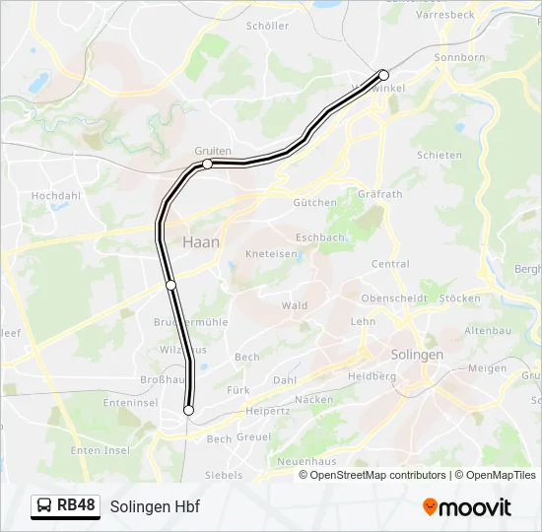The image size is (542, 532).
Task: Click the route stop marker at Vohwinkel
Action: tap(383, 75)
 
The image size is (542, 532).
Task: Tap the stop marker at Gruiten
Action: tap(208, 164)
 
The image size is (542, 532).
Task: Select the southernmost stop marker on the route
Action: tap(188, 410)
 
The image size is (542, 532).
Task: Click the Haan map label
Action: tap(201, 241)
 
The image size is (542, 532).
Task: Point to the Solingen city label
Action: tap(418, 354)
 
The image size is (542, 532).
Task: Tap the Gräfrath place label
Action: tap(381, 194)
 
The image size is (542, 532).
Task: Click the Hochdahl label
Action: tap(55, 196)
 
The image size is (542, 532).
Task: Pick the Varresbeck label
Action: tap(444, 16)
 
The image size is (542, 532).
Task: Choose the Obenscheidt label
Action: tap(394, 299)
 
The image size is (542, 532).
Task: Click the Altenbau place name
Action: tap(488, 330)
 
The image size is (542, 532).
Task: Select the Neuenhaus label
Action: tap(305, 461)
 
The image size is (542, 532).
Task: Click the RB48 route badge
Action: tap(66, 505)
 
